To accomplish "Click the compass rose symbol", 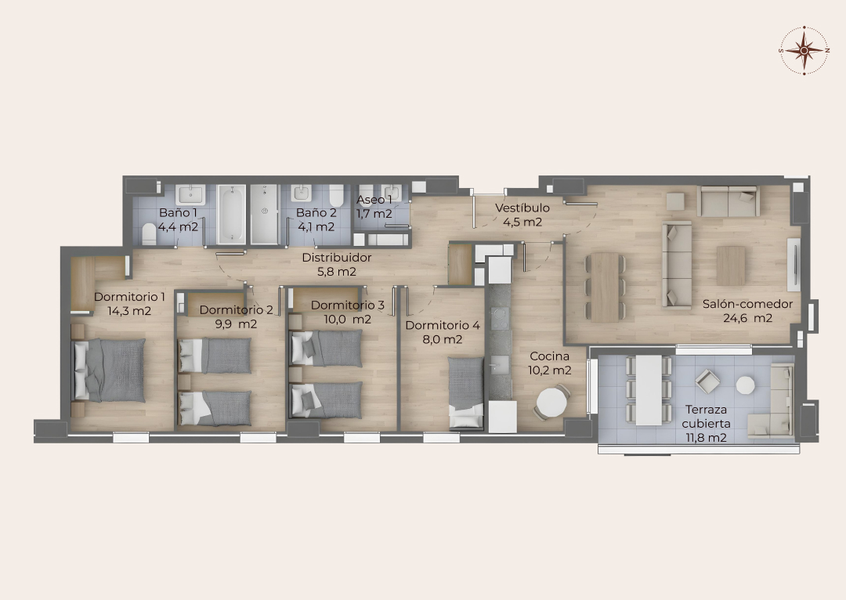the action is point(804,50).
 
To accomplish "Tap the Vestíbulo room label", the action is point(522,208).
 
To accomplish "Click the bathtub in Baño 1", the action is point(231,214).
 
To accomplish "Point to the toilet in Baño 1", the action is point(150,234).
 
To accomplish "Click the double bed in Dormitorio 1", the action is point(108,370).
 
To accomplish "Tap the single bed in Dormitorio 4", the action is point(466,392).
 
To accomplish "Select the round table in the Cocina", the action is point(552,403).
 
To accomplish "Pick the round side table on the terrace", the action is point(746,385).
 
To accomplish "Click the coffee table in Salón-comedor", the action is point(731,266).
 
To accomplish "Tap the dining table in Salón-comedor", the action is point(605,287).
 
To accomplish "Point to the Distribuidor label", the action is point(337,258).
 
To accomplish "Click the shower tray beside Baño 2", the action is point(265,214).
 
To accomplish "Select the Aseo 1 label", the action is point(374,201).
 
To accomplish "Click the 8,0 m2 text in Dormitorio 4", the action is point(442,339).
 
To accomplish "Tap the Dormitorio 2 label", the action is point(237,309).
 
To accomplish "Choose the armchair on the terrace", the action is point(707,381).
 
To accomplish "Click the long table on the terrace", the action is point(649,389).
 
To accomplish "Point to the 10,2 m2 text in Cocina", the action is point(549,370).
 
